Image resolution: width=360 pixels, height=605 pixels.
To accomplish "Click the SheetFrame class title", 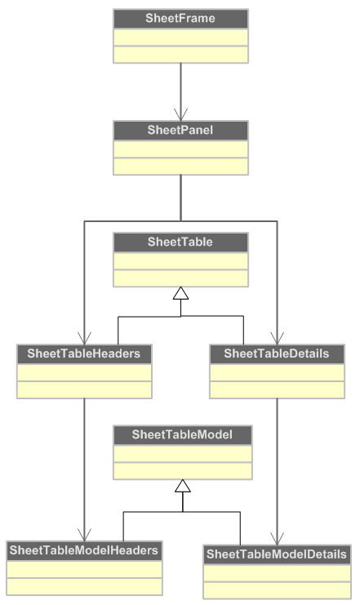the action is coord(180,18).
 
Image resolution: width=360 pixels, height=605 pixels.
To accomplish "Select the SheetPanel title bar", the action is coord(180,131).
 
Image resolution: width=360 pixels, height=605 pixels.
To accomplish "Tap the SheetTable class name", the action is coord(180,242).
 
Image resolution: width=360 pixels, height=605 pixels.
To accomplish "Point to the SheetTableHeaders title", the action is coord(84,354).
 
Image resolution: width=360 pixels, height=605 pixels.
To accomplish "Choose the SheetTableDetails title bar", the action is coord(277,354).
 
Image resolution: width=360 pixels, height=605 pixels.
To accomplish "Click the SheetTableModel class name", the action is coord(182,434).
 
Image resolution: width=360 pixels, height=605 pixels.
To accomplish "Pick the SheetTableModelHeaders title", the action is coord(84,550).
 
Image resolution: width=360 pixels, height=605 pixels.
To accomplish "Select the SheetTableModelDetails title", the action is coord(277,554).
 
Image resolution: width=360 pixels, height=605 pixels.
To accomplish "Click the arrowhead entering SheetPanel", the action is coord(180,114).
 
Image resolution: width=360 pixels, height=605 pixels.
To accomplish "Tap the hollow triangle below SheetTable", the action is coord(180,293).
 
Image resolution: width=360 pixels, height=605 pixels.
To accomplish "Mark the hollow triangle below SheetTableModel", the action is coord(183,486).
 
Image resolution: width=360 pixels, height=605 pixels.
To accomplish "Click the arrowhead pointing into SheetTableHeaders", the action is coord(84,338).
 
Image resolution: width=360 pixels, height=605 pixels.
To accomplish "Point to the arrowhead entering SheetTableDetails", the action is coord(277,338).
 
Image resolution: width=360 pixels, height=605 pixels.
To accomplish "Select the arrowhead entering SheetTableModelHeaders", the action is coord(84,535).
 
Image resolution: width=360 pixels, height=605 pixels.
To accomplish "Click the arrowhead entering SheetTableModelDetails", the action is coord(277,539).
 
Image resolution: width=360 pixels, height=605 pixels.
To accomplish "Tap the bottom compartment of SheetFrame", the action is coord(180,55).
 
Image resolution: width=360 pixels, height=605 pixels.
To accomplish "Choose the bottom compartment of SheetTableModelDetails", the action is coord(277,590).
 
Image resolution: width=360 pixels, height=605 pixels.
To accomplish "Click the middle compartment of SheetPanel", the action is coord(180,149).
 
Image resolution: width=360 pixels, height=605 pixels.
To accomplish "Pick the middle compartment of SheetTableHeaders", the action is coord(84,372).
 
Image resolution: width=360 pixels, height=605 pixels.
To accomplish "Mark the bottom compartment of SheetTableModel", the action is coord(183,471).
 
